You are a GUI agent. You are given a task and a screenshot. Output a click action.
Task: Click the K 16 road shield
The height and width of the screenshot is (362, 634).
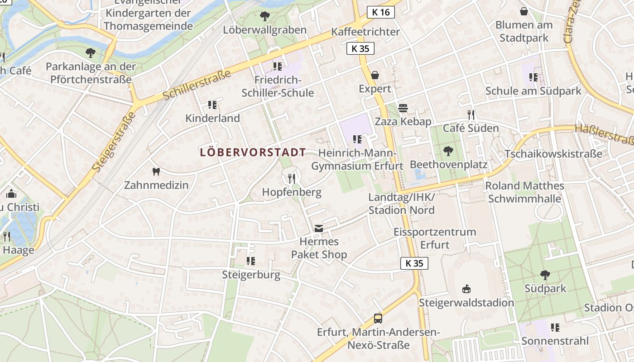[x=380, y=12]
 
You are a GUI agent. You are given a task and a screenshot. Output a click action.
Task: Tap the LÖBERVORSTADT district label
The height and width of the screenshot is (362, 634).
[x=253, y=152]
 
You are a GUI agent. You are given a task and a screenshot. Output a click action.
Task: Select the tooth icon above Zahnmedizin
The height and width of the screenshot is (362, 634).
[x=156, y=171]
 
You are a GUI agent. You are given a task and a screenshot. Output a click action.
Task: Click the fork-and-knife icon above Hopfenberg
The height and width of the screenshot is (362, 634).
[x=292, y=178]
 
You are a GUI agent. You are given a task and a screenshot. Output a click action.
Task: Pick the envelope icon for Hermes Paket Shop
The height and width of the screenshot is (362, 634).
[x=319, y=229]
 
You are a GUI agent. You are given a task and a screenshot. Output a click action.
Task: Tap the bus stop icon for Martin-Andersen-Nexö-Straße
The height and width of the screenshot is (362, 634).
[x=378, y=319]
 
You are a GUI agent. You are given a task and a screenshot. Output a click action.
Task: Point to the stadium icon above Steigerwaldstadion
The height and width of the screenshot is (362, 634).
[x=466, y=289]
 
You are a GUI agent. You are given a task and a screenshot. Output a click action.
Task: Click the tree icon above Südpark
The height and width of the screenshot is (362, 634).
[x=545, y=275]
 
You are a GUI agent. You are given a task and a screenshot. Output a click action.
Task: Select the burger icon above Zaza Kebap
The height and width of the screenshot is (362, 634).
[x=403, y=108]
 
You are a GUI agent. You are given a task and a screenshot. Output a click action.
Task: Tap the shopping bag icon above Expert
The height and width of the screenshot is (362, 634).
[x=375, y=75]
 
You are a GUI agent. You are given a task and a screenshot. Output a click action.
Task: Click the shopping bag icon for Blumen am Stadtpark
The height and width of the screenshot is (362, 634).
[x=524, y=11]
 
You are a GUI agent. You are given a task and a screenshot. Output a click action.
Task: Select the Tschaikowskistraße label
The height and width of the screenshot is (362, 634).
[x=553, y=153]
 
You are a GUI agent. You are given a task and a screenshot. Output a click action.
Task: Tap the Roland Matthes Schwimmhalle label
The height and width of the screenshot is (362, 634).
[x=524, y=192]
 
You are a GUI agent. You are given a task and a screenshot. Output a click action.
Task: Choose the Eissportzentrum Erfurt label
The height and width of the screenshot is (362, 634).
[x=434, y=238]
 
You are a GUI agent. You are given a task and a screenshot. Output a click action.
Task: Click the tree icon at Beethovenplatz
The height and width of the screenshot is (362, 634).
[x=448, y=150]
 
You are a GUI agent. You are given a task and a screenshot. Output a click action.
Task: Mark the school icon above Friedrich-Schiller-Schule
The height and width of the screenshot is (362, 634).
[x=278, y=67]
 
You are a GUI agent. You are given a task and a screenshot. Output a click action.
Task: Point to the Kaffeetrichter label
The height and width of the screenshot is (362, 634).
[x=365, y=32]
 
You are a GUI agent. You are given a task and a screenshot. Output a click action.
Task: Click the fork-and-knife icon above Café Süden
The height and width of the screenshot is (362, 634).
[x=471, y=115]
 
